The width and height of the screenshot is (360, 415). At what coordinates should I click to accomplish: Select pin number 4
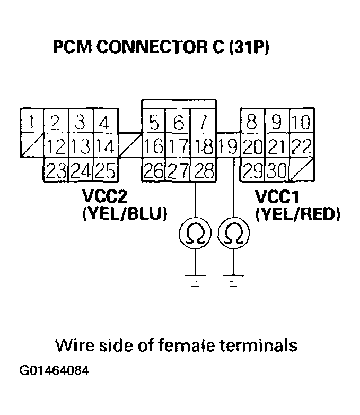pos(104,124)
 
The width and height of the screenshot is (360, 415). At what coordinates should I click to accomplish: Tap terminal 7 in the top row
pos(202,124)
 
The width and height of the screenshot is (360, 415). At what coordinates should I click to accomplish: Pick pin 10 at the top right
pos(301,124)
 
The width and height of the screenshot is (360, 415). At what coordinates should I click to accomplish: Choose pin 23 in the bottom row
pos(55,170)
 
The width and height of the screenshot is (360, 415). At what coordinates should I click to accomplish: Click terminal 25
pos(104,170)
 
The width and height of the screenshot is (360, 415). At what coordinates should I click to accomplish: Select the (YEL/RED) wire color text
pos(297,214)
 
